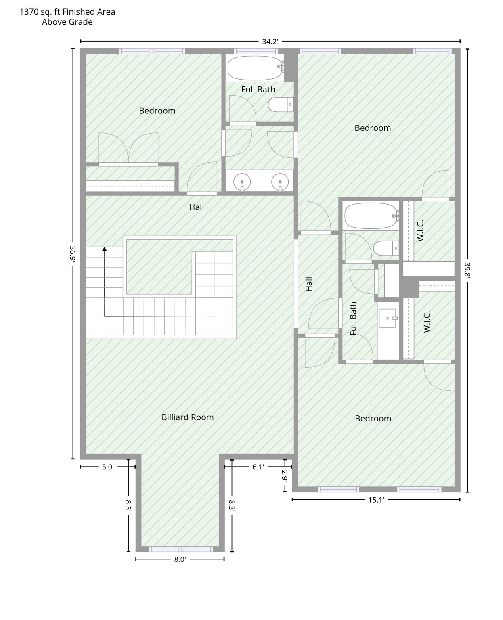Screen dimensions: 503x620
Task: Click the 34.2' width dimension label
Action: coord(270,42)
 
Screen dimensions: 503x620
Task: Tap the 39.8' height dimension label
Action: coord(467,270)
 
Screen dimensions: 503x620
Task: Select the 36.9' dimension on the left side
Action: coord(73,254)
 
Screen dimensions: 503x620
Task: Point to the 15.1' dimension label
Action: coord(376,500)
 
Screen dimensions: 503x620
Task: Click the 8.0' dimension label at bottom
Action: coord(180,559)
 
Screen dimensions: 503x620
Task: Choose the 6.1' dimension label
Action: coord(258,467)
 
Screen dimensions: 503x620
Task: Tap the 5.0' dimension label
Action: coord(108,467)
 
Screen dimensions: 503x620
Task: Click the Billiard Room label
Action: coord(187,417)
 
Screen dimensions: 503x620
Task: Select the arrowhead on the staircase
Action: coord(105,249)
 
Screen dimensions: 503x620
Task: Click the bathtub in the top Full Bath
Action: coord(256,68)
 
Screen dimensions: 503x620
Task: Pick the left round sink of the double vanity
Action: coord(242,182)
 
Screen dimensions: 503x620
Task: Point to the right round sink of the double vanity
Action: coord(280,182)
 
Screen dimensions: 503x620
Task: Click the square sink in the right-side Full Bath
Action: coord(388,318)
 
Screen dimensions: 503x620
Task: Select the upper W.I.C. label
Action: coord(420,230)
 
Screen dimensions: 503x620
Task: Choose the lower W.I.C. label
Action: coord(426,322)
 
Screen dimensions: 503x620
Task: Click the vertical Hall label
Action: coord(309,284)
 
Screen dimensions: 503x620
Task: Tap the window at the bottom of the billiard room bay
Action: coord(181,549)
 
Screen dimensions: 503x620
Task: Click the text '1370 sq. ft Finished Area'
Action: coord(67,12)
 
